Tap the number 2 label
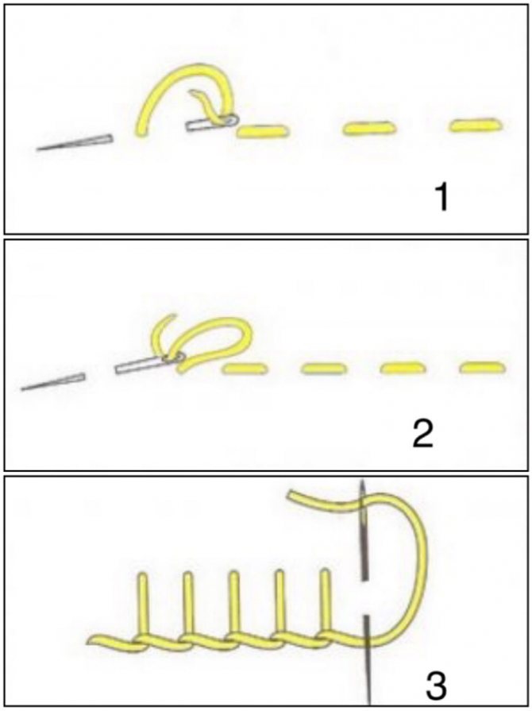click(x=422, y=433)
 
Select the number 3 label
click(x=436, y=685)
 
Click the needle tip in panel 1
click(x=39, y=149)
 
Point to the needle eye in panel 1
click(x=230, y=120)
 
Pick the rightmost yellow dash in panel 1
click(x=476, y=126)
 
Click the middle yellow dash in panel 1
click(x=370, y=129)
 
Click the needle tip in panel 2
click(x=24, y=389)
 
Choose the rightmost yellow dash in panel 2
click(x=482, y=367)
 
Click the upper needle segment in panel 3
click(x=363, y=530)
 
